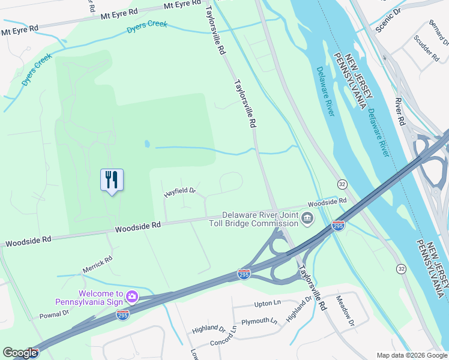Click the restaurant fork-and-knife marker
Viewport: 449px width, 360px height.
(x=112, y=180)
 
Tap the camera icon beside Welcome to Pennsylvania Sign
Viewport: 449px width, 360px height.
(x=132, y=296)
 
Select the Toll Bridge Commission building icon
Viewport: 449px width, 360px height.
(x=307, y=218)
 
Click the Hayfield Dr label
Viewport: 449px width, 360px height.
(x=180, y=193)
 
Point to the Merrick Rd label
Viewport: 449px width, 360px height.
(x=97, y=265)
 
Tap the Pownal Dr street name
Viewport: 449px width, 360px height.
(x=55, y=314)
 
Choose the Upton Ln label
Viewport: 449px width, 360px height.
(x=268, y=305)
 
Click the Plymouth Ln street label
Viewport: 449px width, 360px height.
(x=259, y=322)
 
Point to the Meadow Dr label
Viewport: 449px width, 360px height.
(x=346, y=311)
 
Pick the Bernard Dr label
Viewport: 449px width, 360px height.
(x=439, y=32)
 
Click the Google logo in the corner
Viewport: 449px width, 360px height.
(x=20, y=353)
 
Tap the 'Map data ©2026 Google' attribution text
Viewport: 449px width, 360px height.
(x=412, y=355)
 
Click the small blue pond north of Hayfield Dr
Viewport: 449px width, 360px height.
(x=147, y=144)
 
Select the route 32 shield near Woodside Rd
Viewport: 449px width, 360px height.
(x=342, y=184)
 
